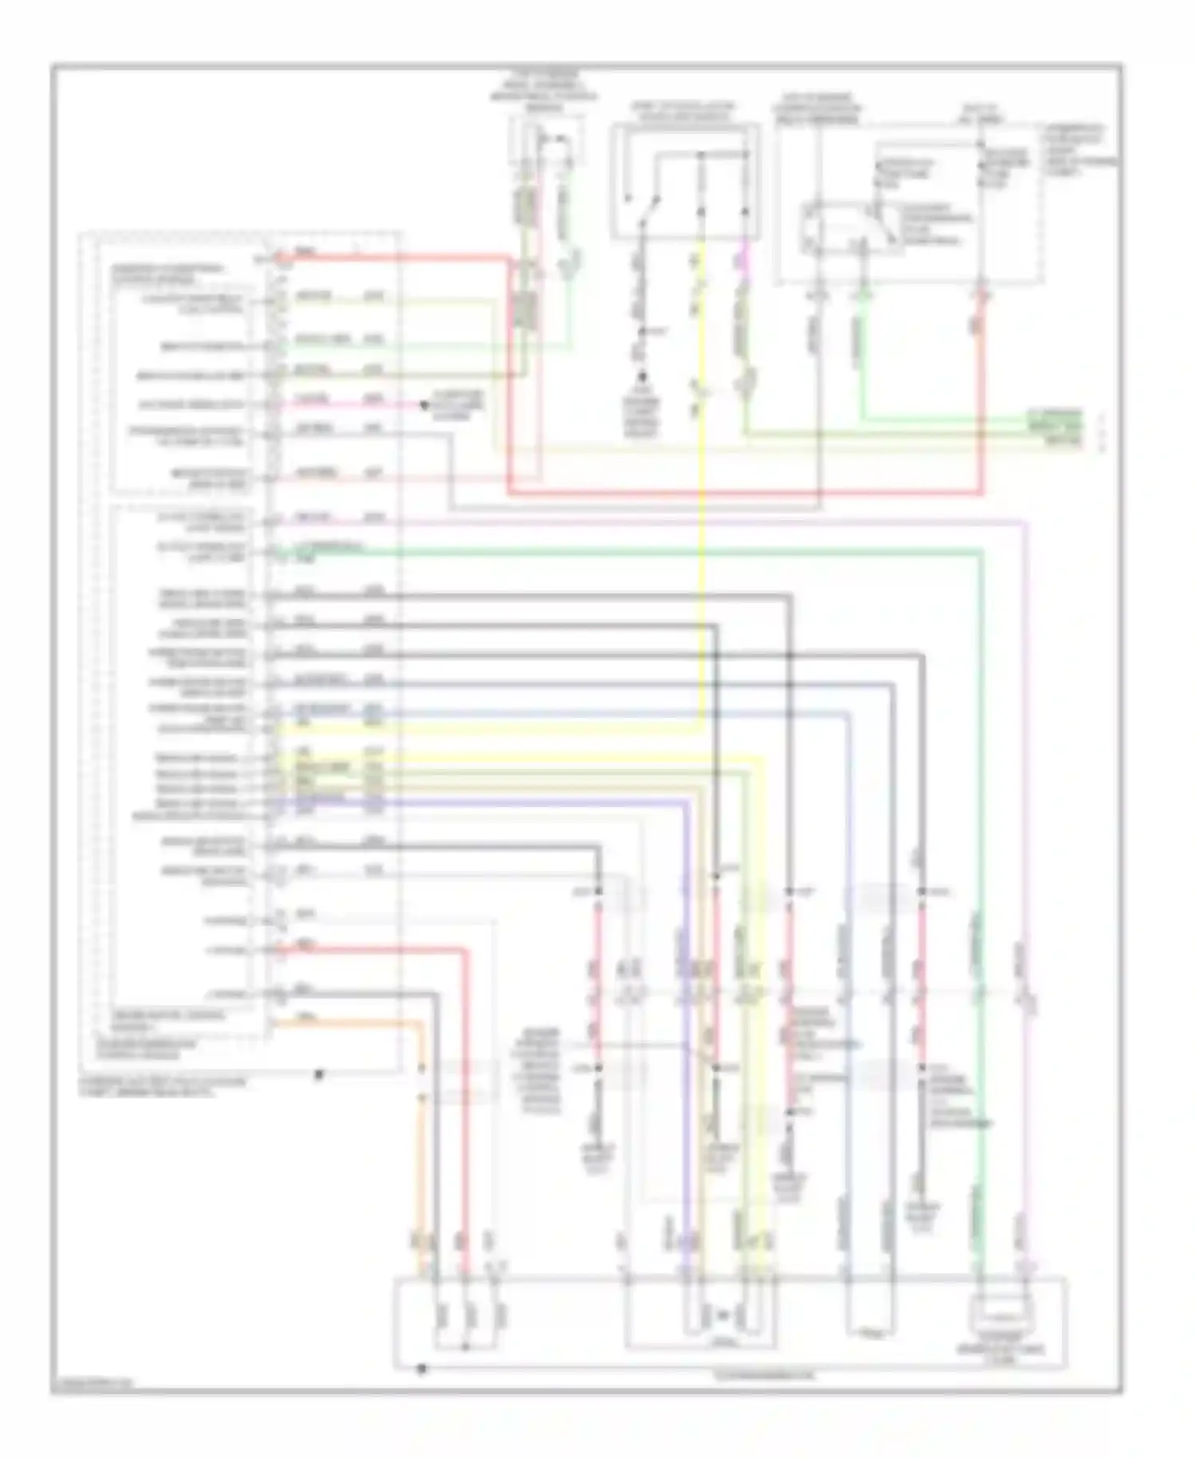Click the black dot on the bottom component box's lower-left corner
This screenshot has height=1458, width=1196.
point(421,1369)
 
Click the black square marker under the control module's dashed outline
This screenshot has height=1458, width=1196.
point(319,1074)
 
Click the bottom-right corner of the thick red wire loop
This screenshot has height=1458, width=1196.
point(982,493)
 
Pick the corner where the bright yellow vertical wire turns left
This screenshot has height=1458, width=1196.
point(702,726)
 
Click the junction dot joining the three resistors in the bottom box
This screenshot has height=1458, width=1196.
point(466,1347)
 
